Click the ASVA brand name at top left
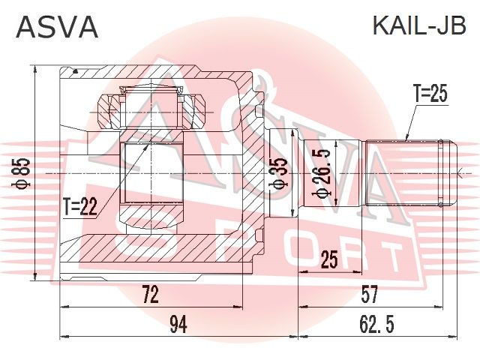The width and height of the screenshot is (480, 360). [58, 27]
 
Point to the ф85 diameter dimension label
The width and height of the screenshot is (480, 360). [23, 173]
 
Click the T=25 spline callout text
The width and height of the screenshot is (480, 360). [430, 93]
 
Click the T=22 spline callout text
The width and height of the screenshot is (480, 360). [80, 206]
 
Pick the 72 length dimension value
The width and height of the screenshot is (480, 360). [151, 294]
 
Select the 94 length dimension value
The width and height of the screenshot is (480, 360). [178, 325]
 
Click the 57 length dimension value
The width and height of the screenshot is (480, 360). [370, 294]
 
